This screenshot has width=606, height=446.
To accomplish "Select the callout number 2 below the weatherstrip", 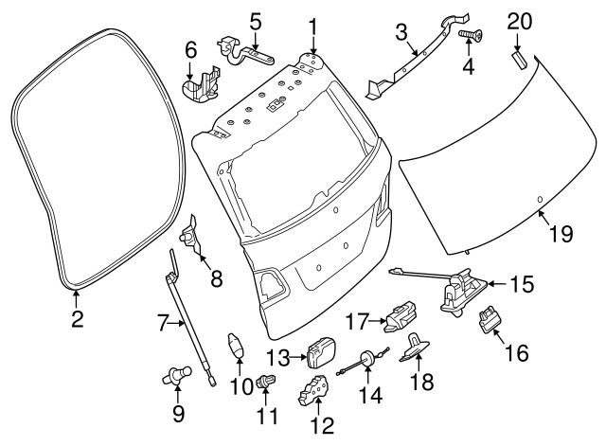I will [x=77, y=318].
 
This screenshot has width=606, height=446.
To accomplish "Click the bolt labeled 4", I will [x=469, y=35].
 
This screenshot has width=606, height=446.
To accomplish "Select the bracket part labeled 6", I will [x=199, y=82].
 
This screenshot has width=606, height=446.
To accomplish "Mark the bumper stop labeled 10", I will [x=239, y=347].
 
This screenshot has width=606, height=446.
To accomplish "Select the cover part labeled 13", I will [x=322, y=352].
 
